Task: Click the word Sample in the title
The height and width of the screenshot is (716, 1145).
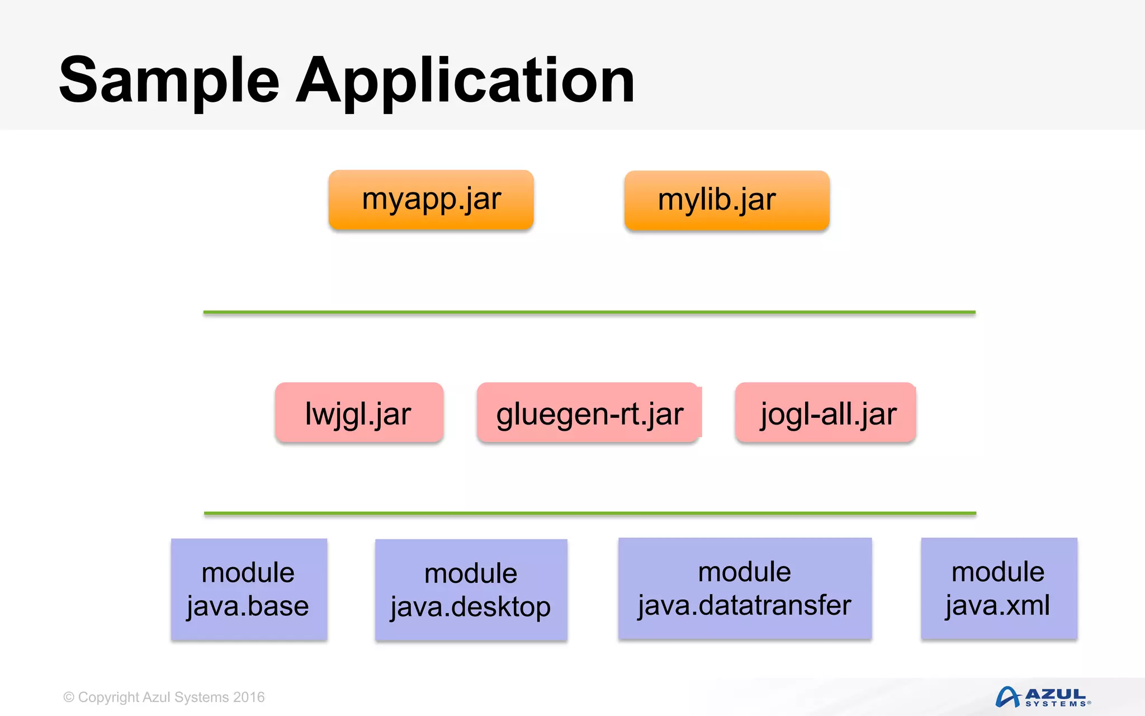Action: (x=169, y=81)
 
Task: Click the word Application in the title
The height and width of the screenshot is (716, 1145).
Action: (x=465, y=81)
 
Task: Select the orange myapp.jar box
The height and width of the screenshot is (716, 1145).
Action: (x=431, y=200)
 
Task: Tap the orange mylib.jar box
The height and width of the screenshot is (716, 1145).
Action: (x=727, y=200)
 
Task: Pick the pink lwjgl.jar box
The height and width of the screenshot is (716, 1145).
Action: (x=359, y=413)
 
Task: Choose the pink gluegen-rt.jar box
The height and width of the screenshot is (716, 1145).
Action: (x=589, y=413)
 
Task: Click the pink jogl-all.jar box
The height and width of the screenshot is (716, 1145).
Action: (x=826, y=413)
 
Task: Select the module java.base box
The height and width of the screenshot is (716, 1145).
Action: (x=249, y=589)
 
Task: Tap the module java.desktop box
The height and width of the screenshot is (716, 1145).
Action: (x=471, y=590)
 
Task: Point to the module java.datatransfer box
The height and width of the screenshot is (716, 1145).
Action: (x=745, y=588)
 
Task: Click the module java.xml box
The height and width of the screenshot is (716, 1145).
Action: (x=999, y=588)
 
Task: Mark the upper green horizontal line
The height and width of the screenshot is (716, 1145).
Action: (x=589, y=312)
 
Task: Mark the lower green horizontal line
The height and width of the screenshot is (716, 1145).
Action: (x=590, y=513)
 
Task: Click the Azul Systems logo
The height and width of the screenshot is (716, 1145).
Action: (x=1042, y=697)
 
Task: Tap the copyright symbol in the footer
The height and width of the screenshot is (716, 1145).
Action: (x=69, y=698)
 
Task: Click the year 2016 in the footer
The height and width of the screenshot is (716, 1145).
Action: (x=249, y=698)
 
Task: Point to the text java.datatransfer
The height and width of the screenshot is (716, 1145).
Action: (x=745, y=606)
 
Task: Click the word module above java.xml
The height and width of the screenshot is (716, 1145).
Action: (x=998, y=572)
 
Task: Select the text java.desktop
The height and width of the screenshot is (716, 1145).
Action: (x=471, y=607)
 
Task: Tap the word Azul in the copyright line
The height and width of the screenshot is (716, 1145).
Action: (x=157, y=698)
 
